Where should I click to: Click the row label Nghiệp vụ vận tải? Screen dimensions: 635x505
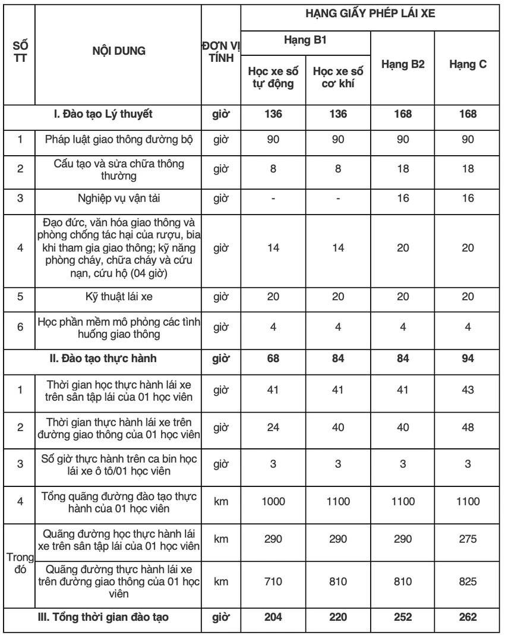pyautogui.click(x=118, y=197)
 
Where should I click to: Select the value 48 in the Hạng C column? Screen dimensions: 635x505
pyautogui.click(x=468, y=426)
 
